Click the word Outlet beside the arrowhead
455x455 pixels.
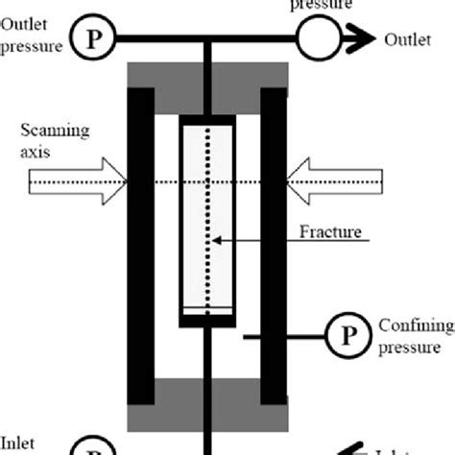pyautogui.click(x=406, y=39)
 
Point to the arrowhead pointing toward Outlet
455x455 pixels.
pyautogui.click(x=363, y=38)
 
